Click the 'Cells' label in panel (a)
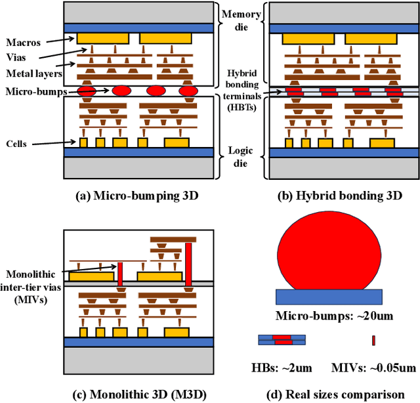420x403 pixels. click(17, 143)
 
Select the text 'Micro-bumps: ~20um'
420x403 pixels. click(335, 316)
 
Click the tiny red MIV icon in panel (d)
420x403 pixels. click(374, 340)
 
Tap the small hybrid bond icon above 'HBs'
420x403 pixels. click(282, 339)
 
